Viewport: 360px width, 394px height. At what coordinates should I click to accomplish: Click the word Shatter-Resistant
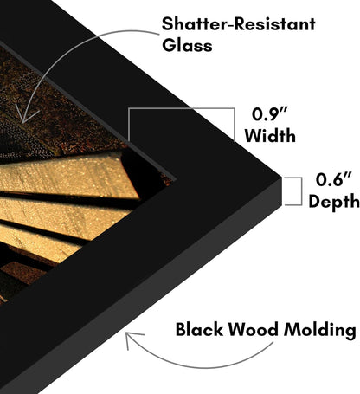[x=238, y=24]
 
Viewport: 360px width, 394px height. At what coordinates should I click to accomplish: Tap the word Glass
[x=187, y=45]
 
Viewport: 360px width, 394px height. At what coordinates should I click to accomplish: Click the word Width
[x=270, y=135]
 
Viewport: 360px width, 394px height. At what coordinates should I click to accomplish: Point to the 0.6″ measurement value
[x=334, y=179]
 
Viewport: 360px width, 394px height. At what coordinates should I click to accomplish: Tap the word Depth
[x=334, y=202]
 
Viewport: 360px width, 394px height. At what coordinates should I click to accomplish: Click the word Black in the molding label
[x=199, y=329]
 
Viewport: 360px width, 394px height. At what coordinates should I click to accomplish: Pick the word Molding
[x=319, y=330]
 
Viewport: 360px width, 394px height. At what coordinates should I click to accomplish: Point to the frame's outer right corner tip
[x=281, y=177]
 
